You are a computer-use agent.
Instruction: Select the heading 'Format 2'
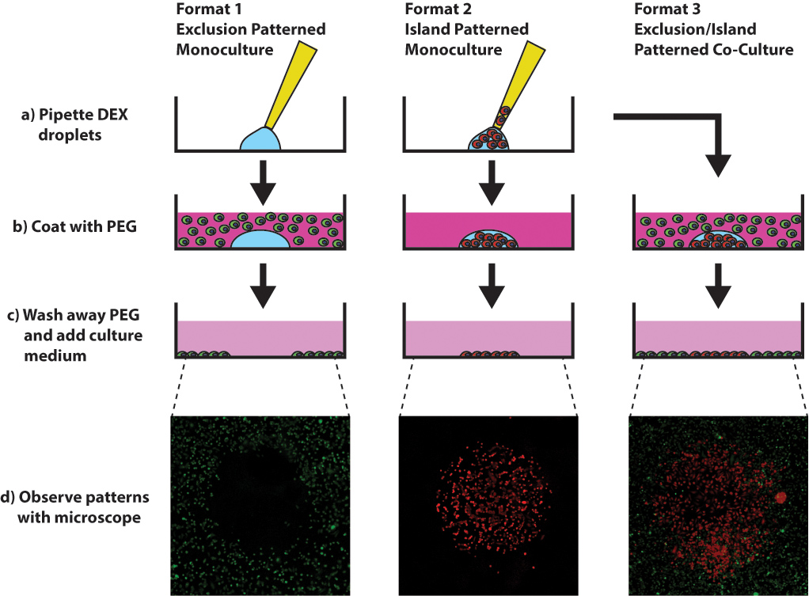[x=435, y=10]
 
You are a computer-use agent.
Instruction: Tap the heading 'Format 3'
[x=667, y=10]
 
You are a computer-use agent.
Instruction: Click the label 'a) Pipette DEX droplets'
[x=75, y=123]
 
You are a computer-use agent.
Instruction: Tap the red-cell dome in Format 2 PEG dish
[x=488, y=241]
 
